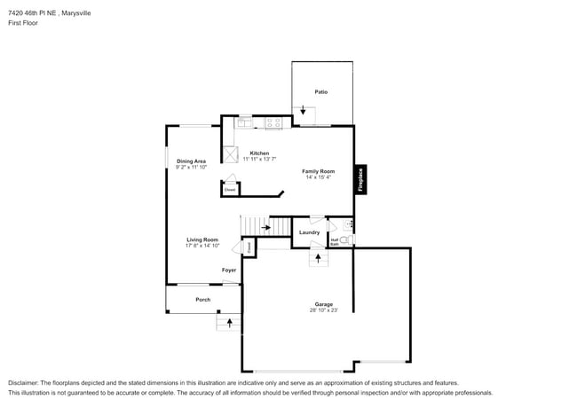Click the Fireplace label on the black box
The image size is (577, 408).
pyautogui.click(x=360, y=179)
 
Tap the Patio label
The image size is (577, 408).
pyautogui.click(x=321, y=92)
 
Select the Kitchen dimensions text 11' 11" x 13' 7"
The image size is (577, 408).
pyautogui.click(x=260, y=159)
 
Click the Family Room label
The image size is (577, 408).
pyautogui.click(x=318, y=171)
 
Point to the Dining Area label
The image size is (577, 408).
pyautogui.click(x=191, y=161)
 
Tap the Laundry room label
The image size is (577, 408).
pyautogui.click(x=309, y=232)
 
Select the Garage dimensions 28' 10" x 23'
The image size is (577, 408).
pyautogui.click(x=323, y=310)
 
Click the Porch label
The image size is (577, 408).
pyautogui.click(x=203, y=300)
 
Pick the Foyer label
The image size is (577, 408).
pyautogui.click(x=229, y=270)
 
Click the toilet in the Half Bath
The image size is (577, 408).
pyautogui.click(x=344, y=239)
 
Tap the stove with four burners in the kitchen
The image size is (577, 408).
pyautogui.click(x=273, y=122)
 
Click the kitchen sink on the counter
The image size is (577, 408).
pyautogui.click(x=244, y=123)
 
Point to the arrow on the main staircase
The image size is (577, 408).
pyautogui.click(x=265, y=228)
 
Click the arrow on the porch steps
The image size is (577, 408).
pyautogui.click(x=230, y=324)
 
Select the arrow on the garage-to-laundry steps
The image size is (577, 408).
pyautogui.click(x=318, y=258)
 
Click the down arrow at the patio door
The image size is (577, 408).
pyautogui.click(x=304, y=112)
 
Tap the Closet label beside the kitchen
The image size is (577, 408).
pyautogui.click(x=229, y=190)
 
